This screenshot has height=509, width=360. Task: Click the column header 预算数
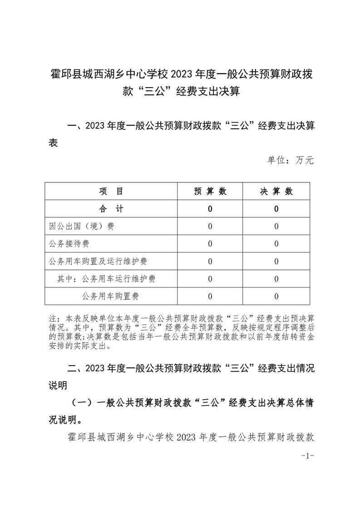tap(210, 191)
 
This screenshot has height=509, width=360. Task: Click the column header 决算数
tap(276, 191)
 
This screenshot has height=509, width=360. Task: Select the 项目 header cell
tap(111, 191)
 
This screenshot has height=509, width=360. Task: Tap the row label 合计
tap(111, 209)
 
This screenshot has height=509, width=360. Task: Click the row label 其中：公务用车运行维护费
tap(106, 279)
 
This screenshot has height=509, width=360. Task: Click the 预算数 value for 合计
tap(210, 209)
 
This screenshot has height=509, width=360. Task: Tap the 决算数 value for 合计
tap(276, 209)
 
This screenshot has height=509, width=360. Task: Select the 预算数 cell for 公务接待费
tap(210, 244)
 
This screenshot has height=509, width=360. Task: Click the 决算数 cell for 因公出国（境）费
tap(276, 226)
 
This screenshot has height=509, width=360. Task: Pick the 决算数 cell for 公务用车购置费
tap(276, 297)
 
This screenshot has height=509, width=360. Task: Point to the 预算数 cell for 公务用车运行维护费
tap(210, 279)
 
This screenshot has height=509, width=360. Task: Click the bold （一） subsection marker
tap(83, 402)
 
